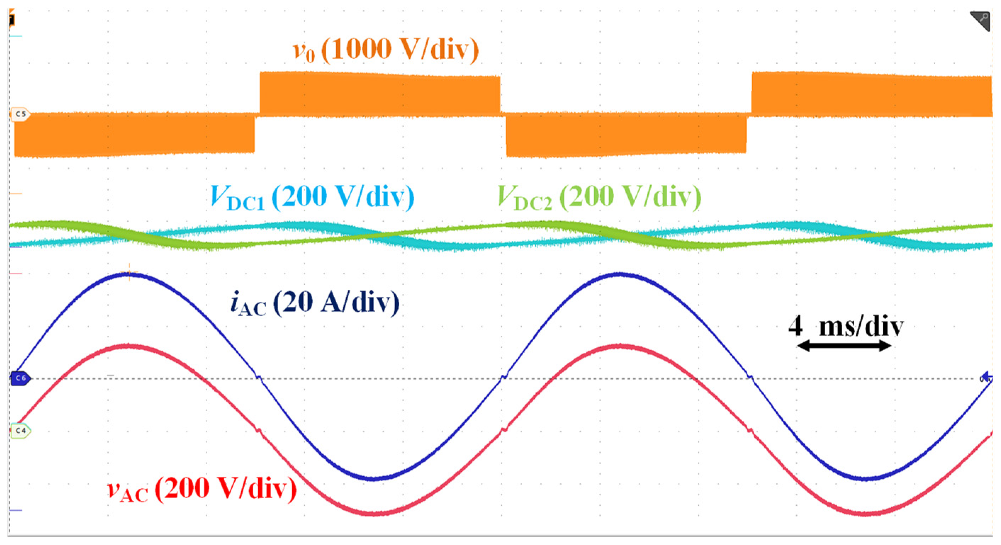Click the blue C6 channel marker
click(x=21, y=378)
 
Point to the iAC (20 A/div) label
click(x=315, y=303)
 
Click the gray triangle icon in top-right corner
click(x=981, y=20)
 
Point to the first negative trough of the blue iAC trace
click(x=373, y=478)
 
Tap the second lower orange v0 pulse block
click(x=626, y=135)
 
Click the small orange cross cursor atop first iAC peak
click(x=129, y=271)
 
